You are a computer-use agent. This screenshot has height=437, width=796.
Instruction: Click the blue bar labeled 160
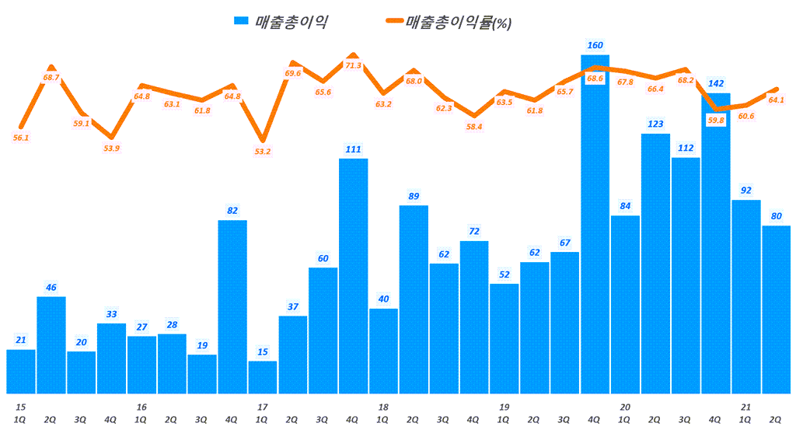click(595, 225)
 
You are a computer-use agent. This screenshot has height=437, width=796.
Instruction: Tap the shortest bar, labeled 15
click(262, 377)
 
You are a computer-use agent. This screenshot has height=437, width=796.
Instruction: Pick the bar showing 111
click(353, 276)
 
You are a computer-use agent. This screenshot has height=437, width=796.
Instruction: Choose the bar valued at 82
click(232, 307)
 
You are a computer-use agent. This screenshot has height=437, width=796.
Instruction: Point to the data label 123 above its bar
click(655, 124)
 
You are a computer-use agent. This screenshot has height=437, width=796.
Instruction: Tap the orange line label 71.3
click(353, 66)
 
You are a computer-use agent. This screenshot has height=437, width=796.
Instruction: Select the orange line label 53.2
click(263, 151)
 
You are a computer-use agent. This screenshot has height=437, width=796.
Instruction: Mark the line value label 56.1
click(21, 138)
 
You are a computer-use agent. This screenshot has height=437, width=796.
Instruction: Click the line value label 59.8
click(715, 121)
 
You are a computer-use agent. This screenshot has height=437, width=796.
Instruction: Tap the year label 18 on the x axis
click(383, 407)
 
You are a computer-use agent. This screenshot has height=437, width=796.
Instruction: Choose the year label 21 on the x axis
click(745, 407)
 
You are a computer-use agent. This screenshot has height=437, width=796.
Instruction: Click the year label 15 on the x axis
click(21, 407)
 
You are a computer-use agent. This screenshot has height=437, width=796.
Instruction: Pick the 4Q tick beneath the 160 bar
click(595, 419)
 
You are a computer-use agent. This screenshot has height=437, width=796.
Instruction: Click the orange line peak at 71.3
click(353, 55)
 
